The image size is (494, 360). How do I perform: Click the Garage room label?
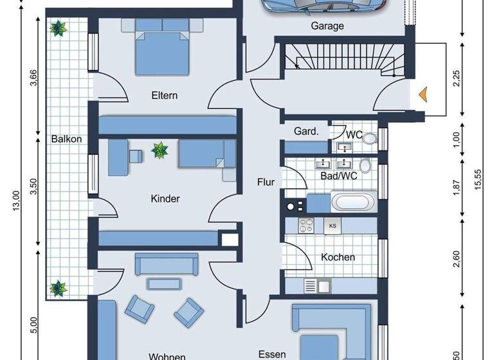point(327,26)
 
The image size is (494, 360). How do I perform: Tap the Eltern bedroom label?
point(164,96)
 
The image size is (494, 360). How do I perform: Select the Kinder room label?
point(165,199)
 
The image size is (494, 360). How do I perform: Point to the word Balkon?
point(66,138)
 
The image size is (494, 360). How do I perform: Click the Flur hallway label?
point(266,182)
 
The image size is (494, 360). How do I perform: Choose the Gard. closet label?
point(306,131)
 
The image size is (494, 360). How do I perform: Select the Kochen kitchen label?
point(338,257)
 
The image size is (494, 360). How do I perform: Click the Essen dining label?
point(271,354)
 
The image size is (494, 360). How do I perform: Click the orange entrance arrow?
point(423,94)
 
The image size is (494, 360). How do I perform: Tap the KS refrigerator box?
point(333,225)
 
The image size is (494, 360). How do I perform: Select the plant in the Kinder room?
point(160,151)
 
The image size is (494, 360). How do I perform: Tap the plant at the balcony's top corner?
point(59,28)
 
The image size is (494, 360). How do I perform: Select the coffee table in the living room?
point(160,283)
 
